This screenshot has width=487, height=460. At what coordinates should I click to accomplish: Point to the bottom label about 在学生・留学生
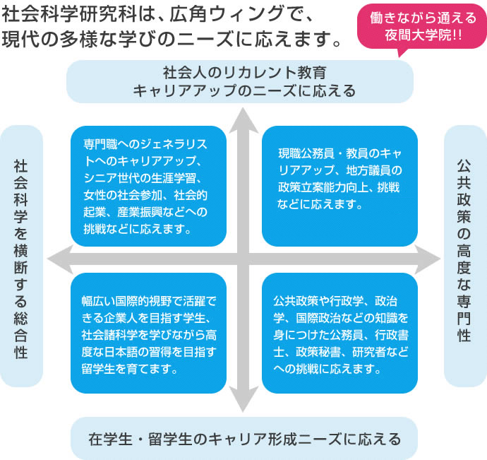point(244,439)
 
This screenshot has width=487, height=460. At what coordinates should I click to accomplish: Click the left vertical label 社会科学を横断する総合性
point(21,257)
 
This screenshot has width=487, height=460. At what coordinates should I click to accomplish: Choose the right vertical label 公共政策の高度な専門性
point(464,257)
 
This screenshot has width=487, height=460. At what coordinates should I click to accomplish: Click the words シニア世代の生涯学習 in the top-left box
point(144,177)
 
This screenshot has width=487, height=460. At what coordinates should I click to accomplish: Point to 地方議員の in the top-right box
point(375,170)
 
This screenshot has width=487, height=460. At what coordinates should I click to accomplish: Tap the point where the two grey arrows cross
point(243,258)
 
